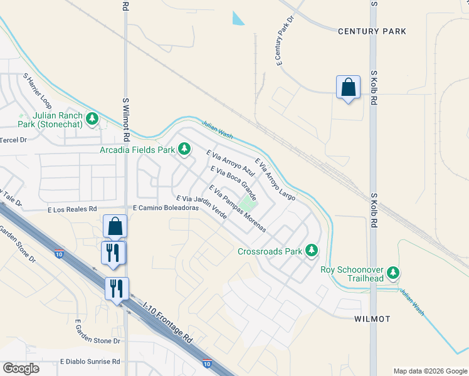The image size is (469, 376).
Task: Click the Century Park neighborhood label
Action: pyautogui.click(x=372, y=31)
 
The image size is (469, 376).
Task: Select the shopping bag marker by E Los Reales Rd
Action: pyautogui.click(x=115, y=226)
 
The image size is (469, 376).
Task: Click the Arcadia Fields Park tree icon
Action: pyautogui.click(x=184, y=149)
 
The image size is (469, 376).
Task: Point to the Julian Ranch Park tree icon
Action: pyautogui.click(x=93, y=118)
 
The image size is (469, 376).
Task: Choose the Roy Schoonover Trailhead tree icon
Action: pyautogui.click(x=393, y=272)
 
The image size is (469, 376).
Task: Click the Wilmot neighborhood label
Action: pyautogui.click(x=372, y=319)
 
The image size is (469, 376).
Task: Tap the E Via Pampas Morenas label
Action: pyautogui.click(x=238, y=208)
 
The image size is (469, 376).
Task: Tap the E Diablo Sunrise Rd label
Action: pyautogui.click(x=90, y=362)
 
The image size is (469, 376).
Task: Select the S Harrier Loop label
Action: pyautogui.click(x=37, y=88)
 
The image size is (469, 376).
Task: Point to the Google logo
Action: pyautogui.click(x=21, y=368)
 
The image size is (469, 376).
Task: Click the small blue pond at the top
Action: pyautogui.click(x=238, y=18)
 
